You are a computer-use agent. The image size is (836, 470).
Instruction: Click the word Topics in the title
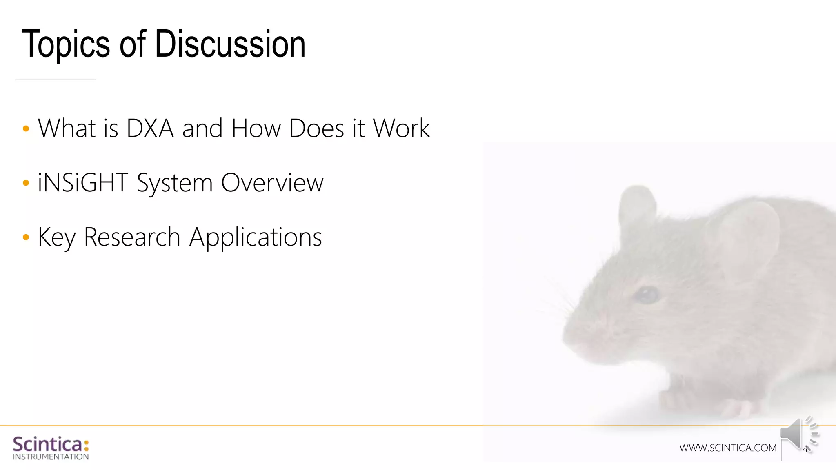65,44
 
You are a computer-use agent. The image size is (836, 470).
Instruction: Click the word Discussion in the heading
230,44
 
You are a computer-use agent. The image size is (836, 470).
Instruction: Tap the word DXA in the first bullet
150,129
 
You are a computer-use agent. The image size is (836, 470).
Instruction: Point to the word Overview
272,182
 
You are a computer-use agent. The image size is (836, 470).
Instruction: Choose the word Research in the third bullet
132,237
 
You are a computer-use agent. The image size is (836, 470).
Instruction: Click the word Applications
256,237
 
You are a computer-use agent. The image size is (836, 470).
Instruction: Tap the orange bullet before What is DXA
26,129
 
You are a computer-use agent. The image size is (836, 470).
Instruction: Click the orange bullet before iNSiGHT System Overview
26,183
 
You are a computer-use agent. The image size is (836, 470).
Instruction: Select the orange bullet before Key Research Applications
26,237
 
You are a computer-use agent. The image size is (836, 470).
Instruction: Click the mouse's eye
647,294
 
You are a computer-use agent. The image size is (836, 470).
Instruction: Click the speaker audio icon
798,435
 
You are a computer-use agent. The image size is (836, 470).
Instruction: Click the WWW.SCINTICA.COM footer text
728,448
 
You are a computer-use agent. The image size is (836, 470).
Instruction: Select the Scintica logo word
47,444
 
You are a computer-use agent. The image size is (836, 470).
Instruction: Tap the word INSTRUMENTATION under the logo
51,457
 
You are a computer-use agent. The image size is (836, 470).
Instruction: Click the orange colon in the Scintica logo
86,445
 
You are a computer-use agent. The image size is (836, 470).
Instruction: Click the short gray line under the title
55,80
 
